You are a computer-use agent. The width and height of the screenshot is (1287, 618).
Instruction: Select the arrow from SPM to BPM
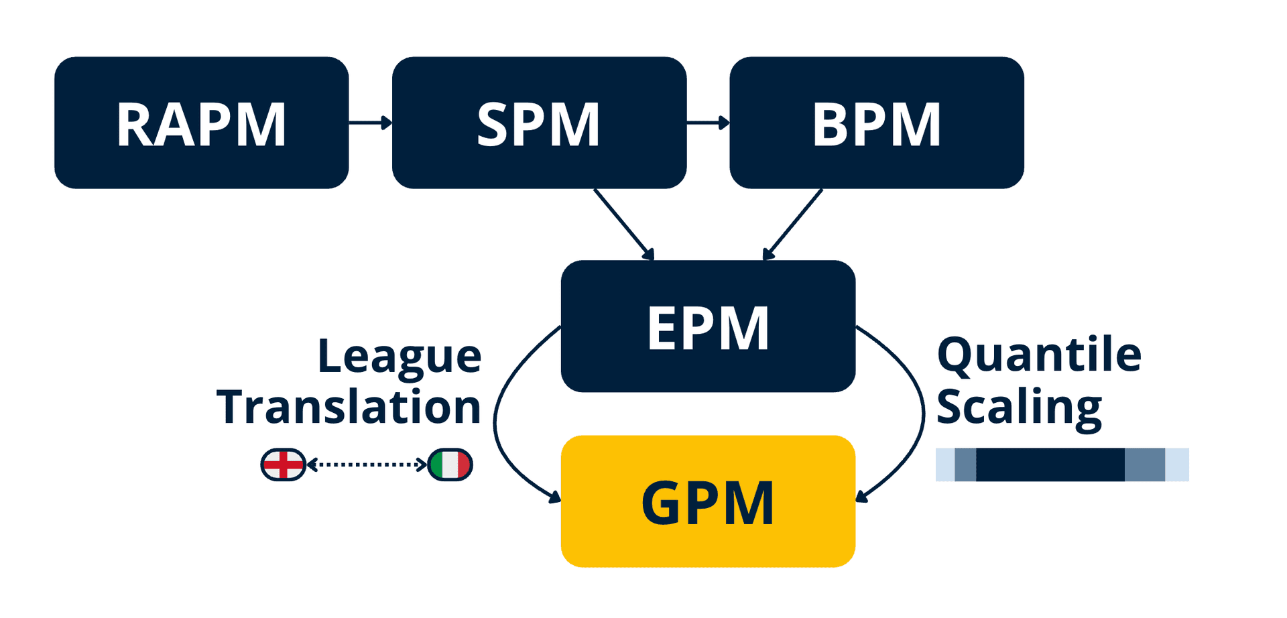point(708,123)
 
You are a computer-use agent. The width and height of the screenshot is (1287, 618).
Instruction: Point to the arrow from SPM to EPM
point(623,223)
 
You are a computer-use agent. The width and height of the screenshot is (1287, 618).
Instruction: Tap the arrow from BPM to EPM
point(794,223)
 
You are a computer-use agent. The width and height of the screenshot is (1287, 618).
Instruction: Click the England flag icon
point(283,465)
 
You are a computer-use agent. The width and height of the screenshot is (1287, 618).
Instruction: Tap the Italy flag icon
point(450,465)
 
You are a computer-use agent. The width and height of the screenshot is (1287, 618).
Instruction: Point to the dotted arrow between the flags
point(367,464)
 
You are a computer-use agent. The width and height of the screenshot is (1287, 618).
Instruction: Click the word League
point(400,357)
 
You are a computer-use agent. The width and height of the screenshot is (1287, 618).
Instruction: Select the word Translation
point(349,407)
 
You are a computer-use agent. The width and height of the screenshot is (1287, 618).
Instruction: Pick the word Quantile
point(1039,355)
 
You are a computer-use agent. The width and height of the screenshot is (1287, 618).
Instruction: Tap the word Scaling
point(1019,407)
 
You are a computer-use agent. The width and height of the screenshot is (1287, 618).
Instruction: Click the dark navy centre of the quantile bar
point(1050,465)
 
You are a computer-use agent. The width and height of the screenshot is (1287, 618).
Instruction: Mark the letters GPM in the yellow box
point(708,503)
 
